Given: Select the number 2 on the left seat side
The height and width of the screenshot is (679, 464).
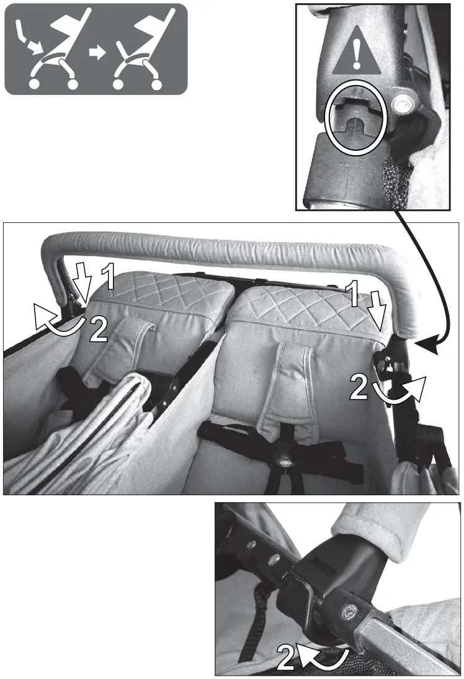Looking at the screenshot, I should (98, 330).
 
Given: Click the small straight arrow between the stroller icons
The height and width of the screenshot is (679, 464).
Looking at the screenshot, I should (96, 53).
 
